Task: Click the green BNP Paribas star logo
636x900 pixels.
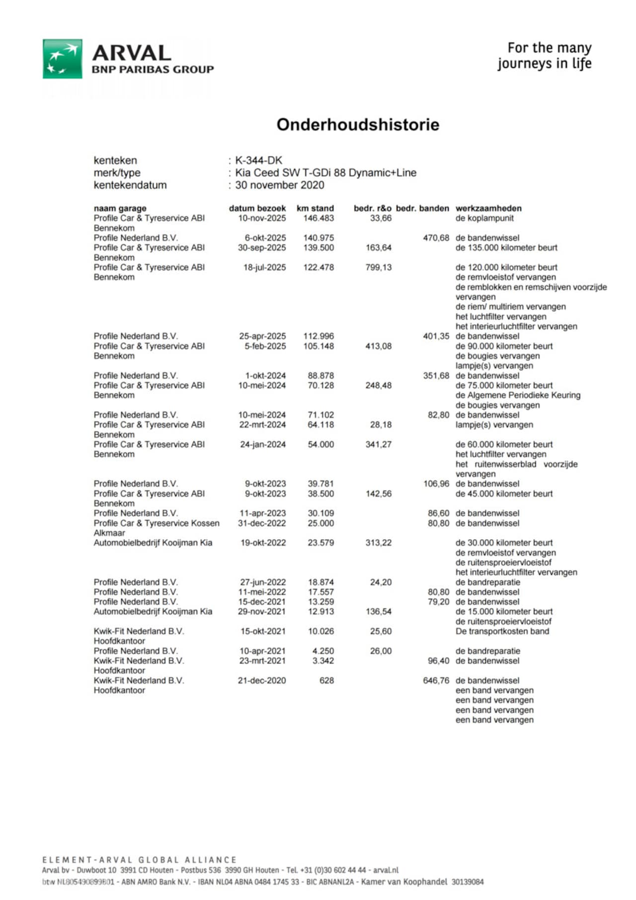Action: coord(63,59)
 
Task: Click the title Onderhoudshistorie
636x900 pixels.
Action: coord(358,124)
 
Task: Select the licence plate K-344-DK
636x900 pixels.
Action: coord(258,161)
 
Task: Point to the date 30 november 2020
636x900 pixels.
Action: coord(280,185)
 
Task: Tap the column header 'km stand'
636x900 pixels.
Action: coord(315,208)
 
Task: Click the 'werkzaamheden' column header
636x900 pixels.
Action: coord(488,208)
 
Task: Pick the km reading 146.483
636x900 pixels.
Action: coord(318,218)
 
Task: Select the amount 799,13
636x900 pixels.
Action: coord(379,268)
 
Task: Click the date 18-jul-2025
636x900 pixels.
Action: coord(264,268)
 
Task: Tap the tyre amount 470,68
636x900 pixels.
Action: coord(436,238)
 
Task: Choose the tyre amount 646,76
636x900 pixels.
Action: coord(436,680)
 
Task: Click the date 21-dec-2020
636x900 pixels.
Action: coord(262,680)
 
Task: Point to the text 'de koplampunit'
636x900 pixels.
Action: coord(484,218)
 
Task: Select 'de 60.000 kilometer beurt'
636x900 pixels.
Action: coord(504,445)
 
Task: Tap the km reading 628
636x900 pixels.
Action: coord(326,680)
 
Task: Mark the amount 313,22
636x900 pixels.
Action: coord(379,543)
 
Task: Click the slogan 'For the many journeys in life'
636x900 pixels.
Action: coord(545,56)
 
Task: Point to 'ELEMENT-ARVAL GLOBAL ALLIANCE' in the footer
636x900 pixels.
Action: coord(140,860)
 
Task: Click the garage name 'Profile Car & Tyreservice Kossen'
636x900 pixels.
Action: coord(157,523)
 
